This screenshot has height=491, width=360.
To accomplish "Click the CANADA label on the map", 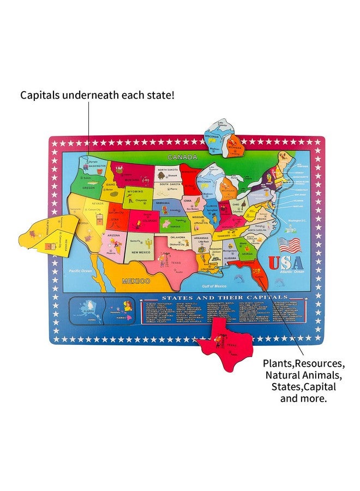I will point(182,157).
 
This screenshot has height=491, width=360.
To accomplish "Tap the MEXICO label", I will point(135,281).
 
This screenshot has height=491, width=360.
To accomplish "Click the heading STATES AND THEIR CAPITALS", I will point(211,298).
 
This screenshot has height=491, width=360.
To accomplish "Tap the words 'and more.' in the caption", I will point(303,398).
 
